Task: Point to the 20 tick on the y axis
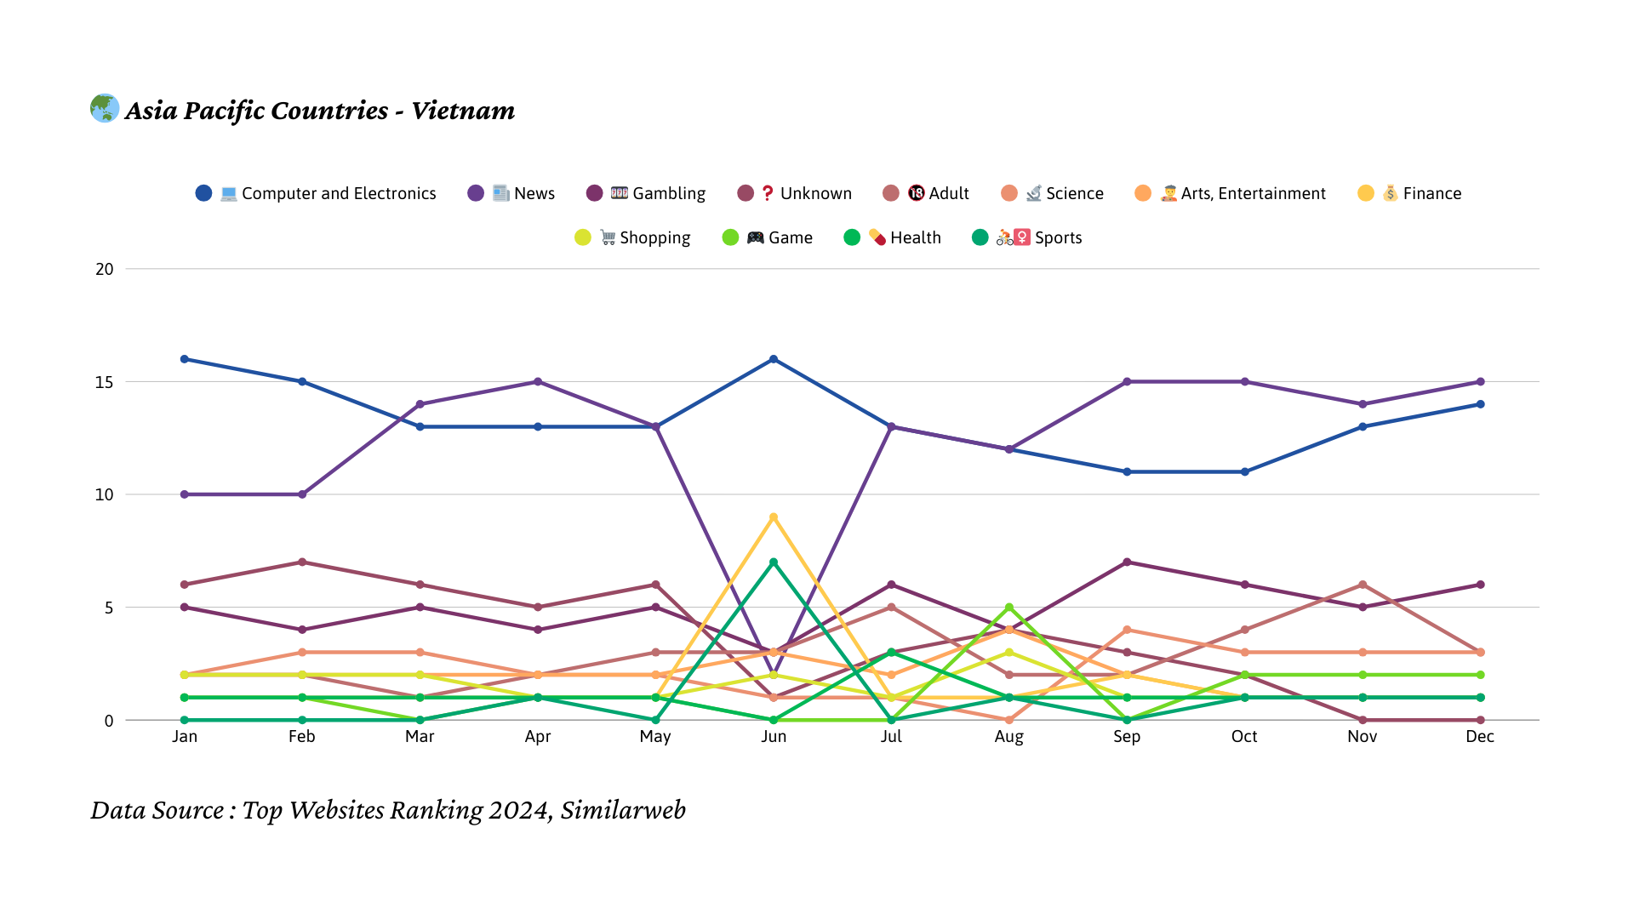[x=105, y=269]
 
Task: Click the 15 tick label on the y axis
[x=105, y=382]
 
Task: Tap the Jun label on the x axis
[x=774, y=736]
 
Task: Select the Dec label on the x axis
[x=1480, y=736]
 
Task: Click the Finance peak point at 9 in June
[x=774, y=517]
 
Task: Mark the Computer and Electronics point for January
[x=185, y=359]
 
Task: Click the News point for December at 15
[x=1481, y=382]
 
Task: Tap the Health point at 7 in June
[x=774, y=562]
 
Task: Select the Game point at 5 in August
[x=1009, y=608]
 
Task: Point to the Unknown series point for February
[x=302, y=562]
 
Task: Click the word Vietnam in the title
[x=463, y=111]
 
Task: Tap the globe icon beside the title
[x=105, y=108]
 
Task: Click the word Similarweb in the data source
[x=623, y=810]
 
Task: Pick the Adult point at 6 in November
[x=1363, y=585]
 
